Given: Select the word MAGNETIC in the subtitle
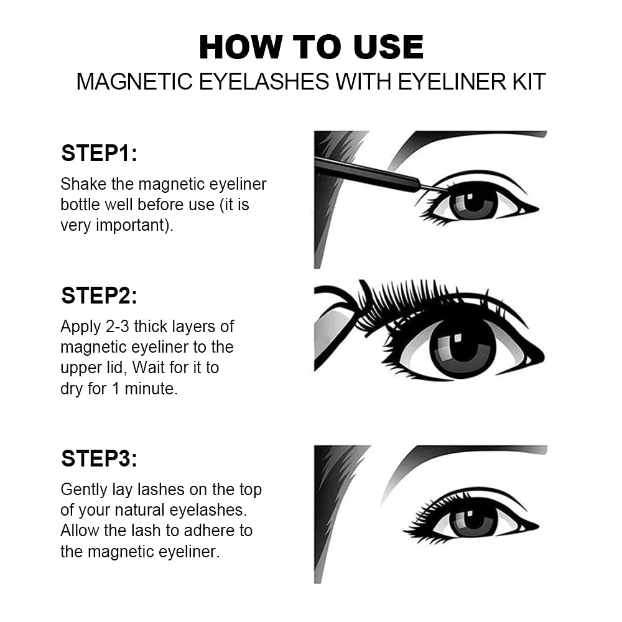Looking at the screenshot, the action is point(134,81).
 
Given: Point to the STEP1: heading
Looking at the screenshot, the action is point(99,153).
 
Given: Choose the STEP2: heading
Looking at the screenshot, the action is point(99,295).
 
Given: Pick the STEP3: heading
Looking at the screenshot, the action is point(99,458).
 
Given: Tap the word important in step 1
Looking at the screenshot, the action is point(130,225).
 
